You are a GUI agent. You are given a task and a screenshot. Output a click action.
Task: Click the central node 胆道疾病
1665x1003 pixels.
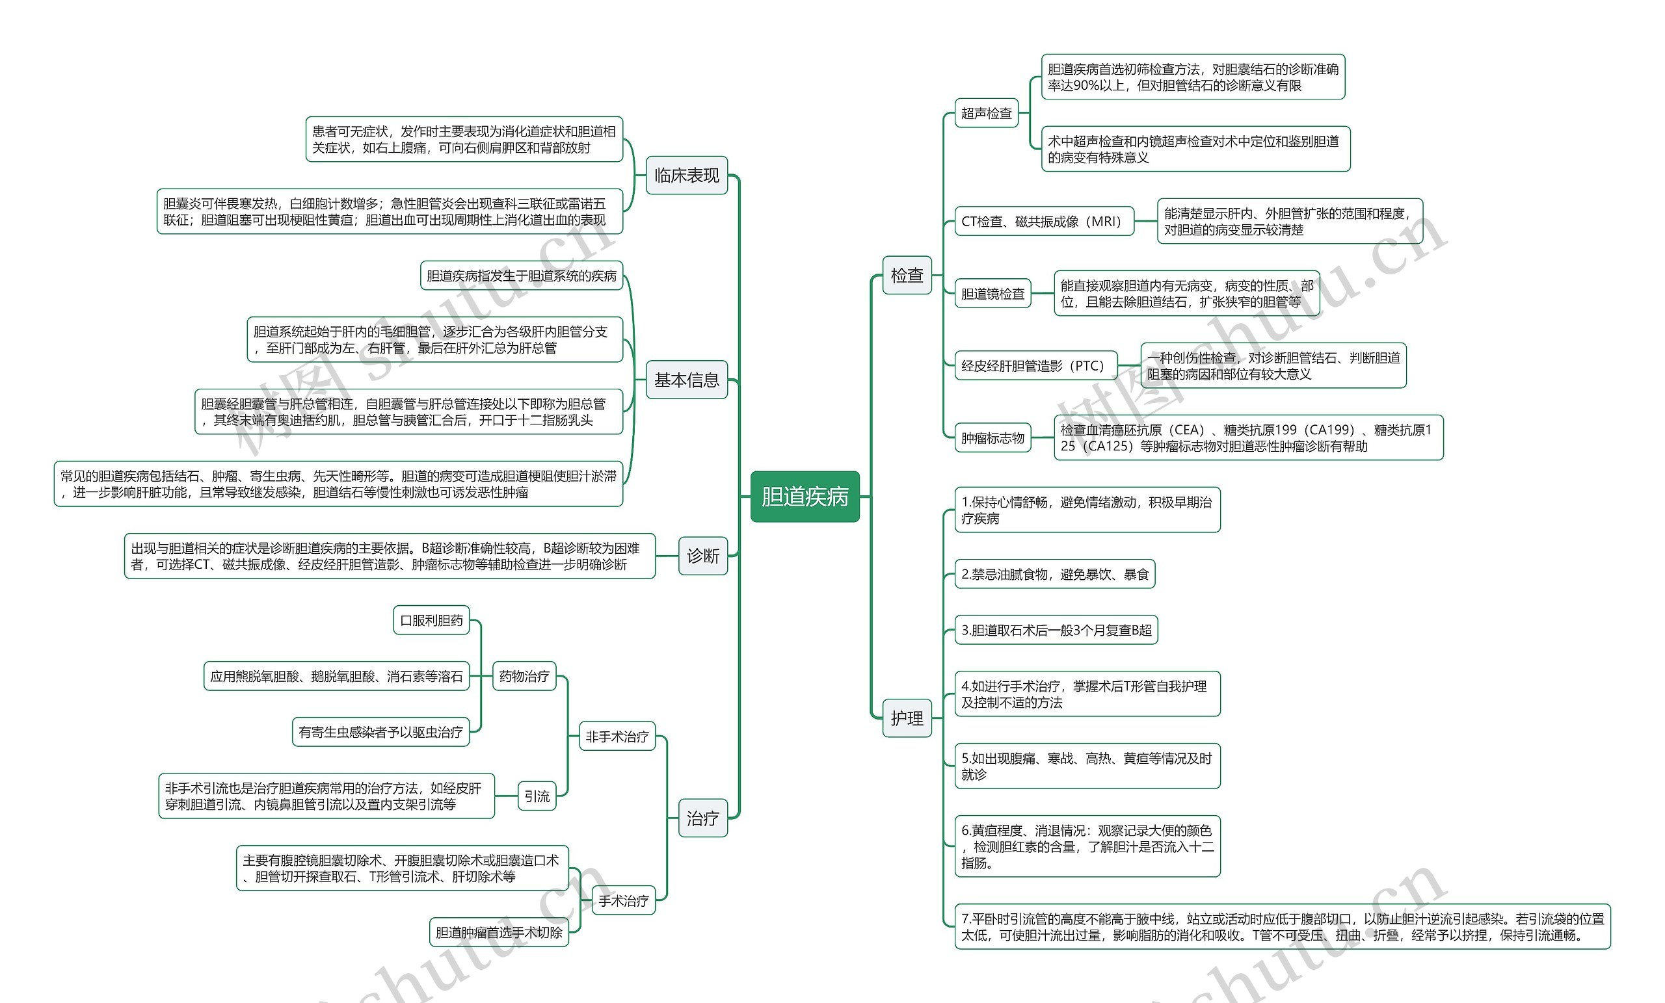[805, 497]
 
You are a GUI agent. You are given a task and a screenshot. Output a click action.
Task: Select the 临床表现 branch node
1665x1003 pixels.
[687, 176]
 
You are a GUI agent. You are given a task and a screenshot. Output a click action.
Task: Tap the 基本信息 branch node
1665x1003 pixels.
[687, 380]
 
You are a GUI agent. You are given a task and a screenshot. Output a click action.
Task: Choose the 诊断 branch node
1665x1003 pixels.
[703, 556]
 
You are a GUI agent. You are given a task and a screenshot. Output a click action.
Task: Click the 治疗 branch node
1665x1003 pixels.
[703, 818]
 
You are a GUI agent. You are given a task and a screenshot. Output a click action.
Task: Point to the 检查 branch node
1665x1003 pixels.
[907, 275]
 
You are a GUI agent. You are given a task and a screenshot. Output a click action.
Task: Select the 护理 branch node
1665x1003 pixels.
[907, 718]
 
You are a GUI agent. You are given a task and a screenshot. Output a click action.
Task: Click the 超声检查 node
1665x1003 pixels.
[987, 113]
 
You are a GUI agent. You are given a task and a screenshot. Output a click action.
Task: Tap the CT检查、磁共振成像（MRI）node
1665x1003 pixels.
[1044, 221]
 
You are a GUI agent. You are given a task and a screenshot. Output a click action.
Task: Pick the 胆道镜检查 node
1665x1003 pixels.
[992, 293]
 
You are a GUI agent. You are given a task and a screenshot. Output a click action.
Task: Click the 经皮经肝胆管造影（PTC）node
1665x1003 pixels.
[1036, 365]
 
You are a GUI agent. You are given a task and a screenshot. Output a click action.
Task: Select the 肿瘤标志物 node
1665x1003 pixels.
[992, 437]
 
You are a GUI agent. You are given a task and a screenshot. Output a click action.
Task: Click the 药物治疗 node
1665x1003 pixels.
[524, 676]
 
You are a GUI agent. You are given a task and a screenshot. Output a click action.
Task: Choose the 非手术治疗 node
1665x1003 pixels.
[617, 736]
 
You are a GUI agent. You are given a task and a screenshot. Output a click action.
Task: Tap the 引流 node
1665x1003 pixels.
[537, 796]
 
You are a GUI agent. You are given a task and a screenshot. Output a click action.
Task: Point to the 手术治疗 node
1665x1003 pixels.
[624, 900]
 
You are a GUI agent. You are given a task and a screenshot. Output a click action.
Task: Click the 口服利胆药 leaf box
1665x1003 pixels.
[431, 620]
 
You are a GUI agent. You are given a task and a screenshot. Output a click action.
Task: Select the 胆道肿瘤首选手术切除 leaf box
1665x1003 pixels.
[499, 932]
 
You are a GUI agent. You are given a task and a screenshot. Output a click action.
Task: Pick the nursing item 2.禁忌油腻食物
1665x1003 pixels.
[1055, 574]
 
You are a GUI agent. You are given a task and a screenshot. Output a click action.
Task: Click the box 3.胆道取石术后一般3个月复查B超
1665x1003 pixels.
[1056, 630]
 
